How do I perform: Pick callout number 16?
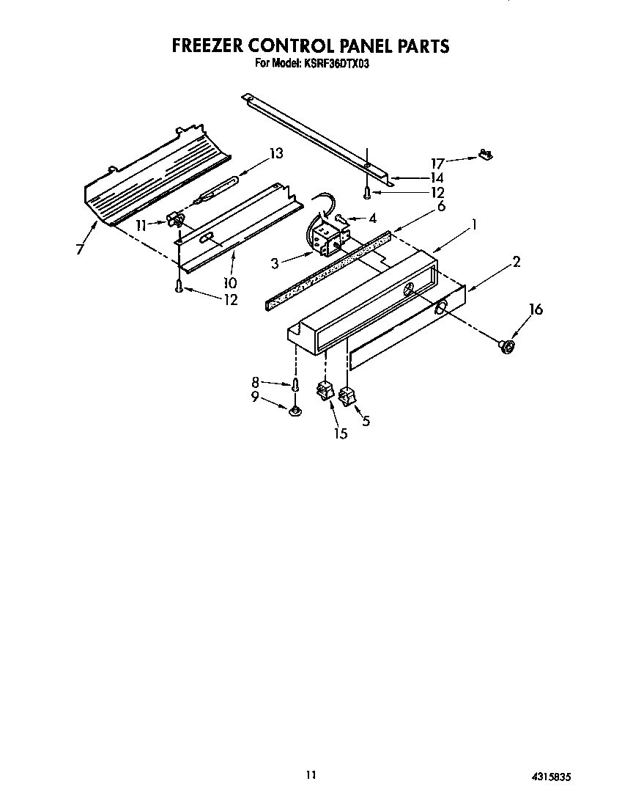tap(536, 309)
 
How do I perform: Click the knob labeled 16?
tap(506, 345)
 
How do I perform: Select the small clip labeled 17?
tap(485, 155)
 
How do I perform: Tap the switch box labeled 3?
tap(325, 237)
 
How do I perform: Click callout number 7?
tap(79, 249)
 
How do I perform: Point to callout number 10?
tap(230, 282)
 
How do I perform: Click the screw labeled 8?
tap(295, 384)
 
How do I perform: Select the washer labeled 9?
tap(295, 414)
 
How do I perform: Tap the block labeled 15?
tap(323, 392)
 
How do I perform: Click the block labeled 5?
tap(347, 398)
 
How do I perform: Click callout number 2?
tap(516, 262)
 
